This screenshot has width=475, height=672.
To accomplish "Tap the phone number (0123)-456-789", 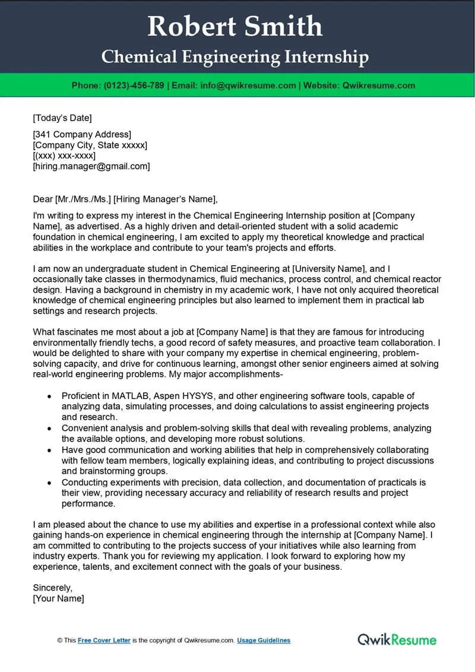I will pyautogui.click(x=134, y=85).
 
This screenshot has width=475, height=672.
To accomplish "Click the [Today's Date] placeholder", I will pyautogui.click(x=62, y=118).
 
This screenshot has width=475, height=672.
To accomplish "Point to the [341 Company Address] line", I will pyautogui.click(x=82, y=135).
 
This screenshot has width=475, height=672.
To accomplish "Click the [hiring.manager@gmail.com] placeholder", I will pyautogui.click(x=91, y=167).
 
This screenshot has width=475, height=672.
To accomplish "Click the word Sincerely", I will pyautogui.click(x=52, y=588).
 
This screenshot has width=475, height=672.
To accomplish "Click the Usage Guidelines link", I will pyautogui.click(x=264, y=641).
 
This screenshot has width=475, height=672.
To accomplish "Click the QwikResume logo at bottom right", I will pyautogui.click(x=397, y=639).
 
